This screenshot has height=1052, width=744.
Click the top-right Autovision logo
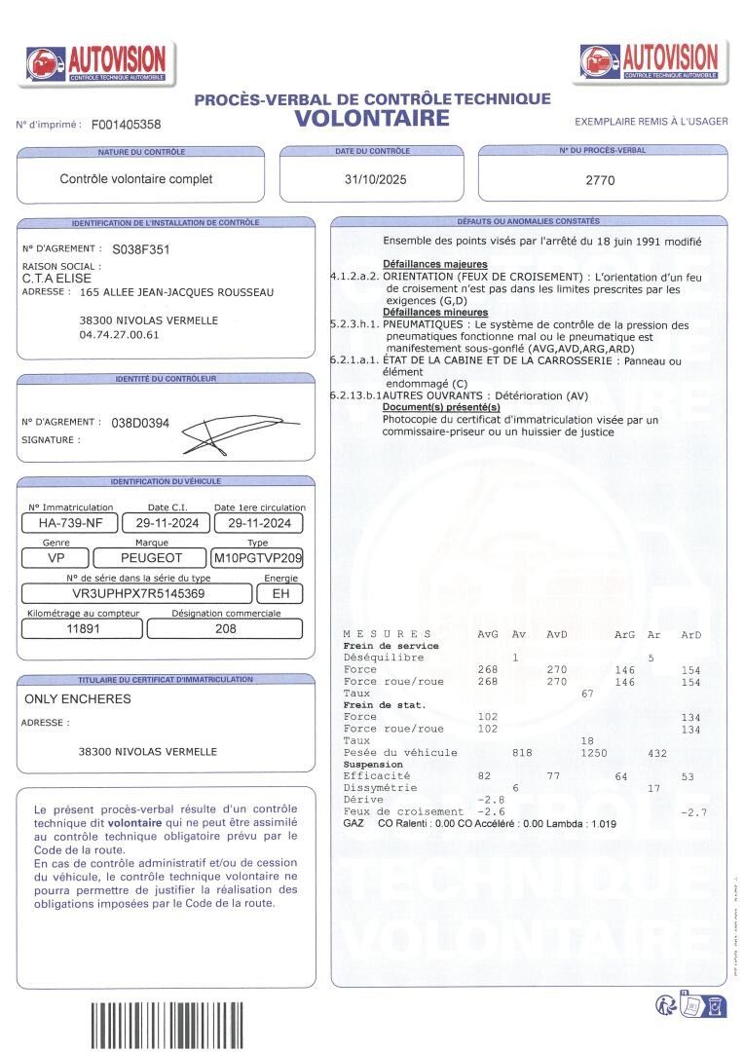coord(649,61)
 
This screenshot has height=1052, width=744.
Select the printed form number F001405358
coord(126,125)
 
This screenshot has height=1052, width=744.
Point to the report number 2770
coord(600,180)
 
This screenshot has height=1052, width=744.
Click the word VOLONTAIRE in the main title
coord(372,119)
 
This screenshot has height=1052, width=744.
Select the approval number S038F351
coord(141,249)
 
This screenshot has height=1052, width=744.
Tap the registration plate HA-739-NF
coord(70,523)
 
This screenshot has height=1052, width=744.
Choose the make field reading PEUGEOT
coord(151,558)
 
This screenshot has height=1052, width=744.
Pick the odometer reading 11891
coord(84,628)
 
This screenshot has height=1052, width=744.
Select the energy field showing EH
coord(280,592)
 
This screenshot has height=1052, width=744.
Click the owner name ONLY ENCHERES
coord(77,698)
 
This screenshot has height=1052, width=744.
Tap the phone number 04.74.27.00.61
coord(119,335)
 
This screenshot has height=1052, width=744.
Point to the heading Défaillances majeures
coord(434,264)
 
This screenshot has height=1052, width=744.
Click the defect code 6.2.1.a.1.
coord(354,360)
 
